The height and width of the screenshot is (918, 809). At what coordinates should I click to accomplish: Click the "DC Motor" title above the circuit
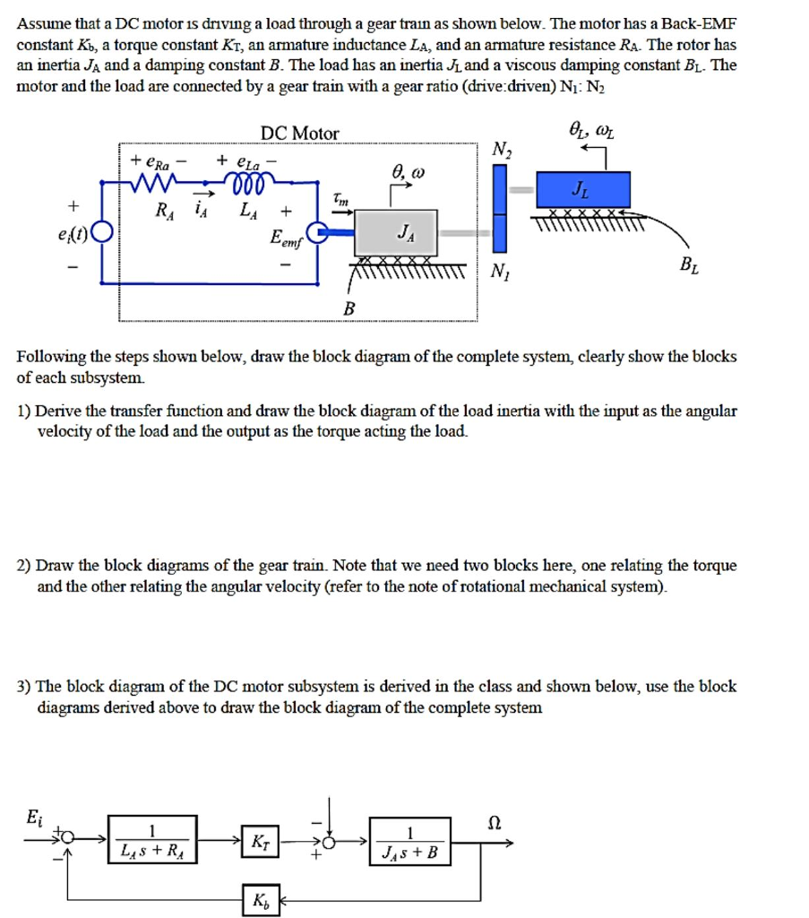pos(299,134)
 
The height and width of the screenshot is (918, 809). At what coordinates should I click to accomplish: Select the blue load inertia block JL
pos(583,189)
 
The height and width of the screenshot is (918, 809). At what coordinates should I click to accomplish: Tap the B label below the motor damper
pos(349,308)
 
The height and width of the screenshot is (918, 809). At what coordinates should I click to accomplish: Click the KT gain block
pos(260,841)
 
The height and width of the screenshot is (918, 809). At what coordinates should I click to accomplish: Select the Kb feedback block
pos(260,898)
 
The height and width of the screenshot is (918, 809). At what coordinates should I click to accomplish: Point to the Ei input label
pos(33,817)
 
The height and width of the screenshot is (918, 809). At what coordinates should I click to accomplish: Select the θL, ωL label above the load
pos(592,133)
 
